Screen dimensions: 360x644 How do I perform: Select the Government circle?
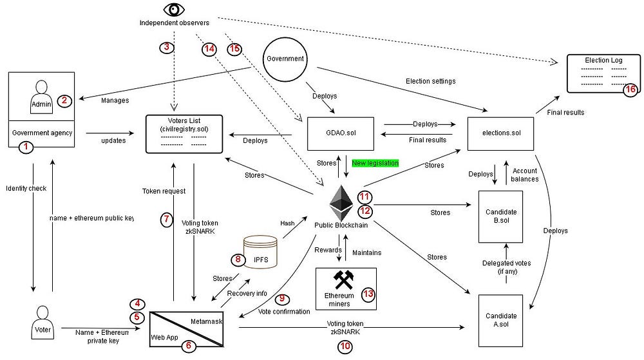pos(285,59)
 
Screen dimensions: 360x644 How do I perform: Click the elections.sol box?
pos(500,133)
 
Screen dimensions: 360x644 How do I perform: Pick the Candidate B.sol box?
pos(500,216)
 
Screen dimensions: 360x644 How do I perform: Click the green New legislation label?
pos(375,164)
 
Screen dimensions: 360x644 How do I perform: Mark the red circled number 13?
pos(368,294)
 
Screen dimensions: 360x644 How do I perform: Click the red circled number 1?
pos(26,147)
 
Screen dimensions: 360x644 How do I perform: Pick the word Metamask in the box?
pos(206,319)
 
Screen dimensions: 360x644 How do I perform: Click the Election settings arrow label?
pos(431,81)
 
